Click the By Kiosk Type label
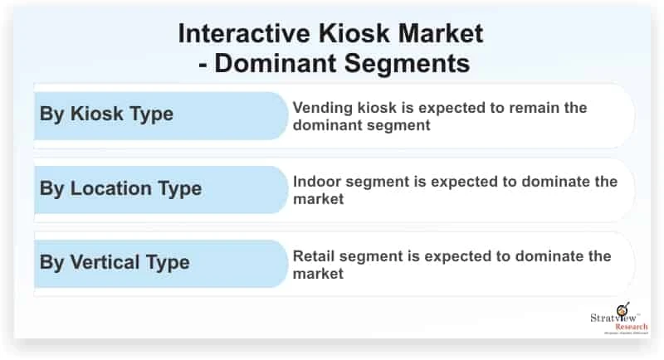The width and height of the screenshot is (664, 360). [106, 114]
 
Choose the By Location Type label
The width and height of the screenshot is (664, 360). [120, 188]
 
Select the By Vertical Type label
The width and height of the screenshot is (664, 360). [115, 262]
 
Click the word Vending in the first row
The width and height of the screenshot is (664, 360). [319, 108]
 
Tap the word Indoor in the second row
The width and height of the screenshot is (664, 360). [315, 182]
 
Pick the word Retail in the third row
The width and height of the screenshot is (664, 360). [312, 255]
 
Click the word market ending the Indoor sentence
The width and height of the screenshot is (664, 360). [318, 198]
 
